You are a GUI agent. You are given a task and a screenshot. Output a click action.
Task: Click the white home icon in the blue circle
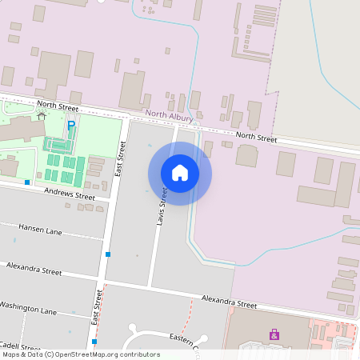[x=180, y=173]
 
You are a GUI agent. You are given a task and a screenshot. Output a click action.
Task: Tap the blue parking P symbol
[x=71, y=126]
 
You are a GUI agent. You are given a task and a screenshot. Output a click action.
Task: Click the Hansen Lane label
[x=40, y=230]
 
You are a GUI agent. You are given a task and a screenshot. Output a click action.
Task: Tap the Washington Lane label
[x=29, y=307]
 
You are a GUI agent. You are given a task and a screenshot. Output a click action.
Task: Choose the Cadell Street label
[x=21, y=348]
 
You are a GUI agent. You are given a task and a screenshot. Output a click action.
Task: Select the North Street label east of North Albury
[x=256, y=138]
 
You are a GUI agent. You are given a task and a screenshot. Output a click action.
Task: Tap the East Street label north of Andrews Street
[x=120, y=158]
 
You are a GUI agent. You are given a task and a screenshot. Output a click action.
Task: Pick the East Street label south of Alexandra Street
[x=98, y=308]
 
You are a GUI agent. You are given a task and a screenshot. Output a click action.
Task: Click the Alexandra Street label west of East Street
[x=34, y=268]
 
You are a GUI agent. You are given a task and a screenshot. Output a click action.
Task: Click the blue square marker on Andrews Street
[x=27, y=182]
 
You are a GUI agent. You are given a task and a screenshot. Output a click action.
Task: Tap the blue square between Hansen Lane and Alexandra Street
[x=108, y=254]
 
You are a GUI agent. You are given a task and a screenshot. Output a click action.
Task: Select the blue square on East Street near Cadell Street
[x=94, y=342]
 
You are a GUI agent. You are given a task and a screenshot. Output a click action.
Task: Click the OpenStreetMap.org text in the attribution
[x=107, y=354]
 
